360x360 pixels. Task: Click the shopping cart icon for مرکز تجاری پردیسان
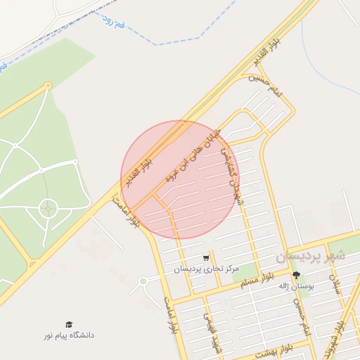[205, 258]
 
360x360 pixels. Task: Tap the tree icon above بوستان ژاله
[295, 275]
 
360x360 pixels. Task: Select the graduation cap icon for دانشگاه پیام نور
[69, 324]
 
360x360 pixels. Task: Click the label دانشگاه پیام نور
[68, 335]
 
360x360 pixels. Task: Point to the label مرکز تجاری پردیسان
[207, 269]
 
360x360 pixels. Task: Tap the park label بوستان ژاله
[295, 285]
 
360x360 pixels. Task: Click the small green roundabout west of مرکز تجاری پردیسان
[143, 281]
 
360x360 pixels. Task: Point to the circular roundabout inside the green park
[48, 207]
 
